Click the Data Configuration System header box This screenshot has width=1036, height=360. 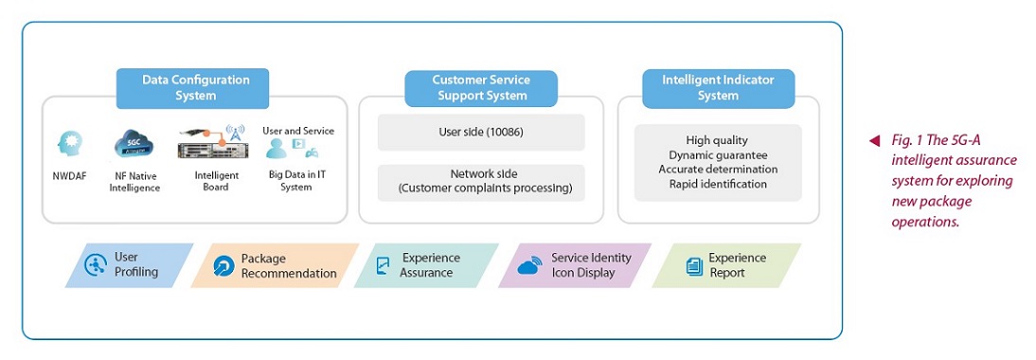192,88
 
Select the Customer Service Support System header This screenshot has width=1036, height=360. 481,88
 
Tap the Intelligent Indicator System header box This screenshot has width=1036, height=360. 718,88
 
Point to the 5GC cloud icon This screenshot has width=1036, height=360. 134,143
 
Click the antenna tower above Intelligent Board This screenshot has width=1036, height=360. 233,133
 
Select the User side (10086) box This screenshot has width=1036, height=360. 481,133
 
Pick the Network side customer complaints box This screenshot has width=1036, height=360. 481,182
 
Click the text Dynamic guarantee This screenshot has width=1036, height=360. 718,155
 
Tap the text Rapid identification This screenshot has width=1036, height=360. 718,184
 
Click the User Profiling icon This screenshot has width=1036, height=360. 97,265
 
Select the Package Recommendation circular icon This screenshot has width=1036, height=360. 224,266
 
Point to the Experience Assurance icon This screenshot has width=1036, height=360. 383,265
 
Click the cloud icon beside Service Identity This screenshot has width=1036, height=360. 530,265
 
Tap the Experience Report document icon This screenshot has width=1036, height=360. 694,266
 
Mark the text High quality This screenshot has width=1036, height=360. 717,140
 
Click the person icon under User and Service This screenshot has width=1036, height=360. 277,149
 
